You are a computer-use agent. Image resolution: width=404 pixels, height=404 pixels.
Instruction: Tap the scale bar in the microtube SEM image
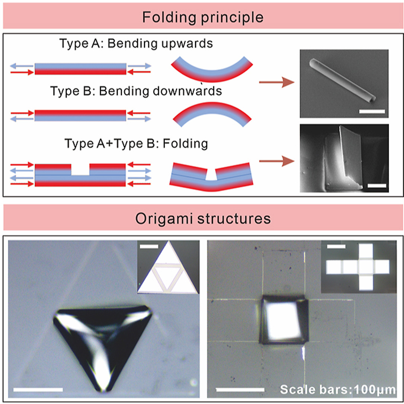click(x=372, y=111)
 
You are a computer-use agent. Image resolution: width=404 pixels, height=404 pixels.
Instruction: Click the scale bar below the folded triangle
click(x=38, y=389)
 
